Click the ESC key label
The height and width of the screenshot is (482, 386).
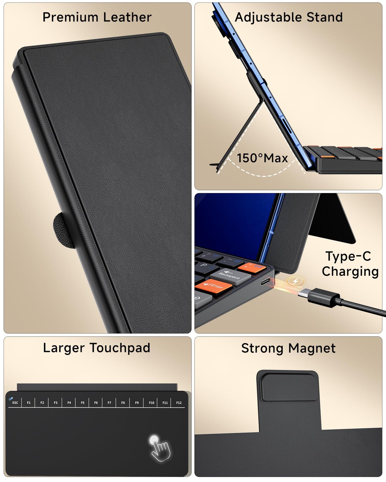pos(15,403)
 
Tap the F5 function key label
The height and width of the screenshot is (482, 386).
pos(82,403)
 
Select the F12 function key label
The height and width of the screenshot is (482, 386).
pos(179,403)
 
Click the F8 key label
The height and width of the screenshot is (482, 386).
pos(123,403)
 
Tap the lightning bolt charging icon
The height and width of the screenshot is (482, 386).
pos(295,281)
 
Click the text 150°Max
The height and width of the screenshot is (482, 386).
pos(262,158)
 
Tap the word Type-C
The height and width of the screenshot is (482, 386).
pos(348,256)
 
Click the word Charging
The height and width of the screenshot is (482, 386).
pos(350,272)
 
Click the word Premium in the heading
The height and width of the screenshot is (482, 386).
pos(70,17)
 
